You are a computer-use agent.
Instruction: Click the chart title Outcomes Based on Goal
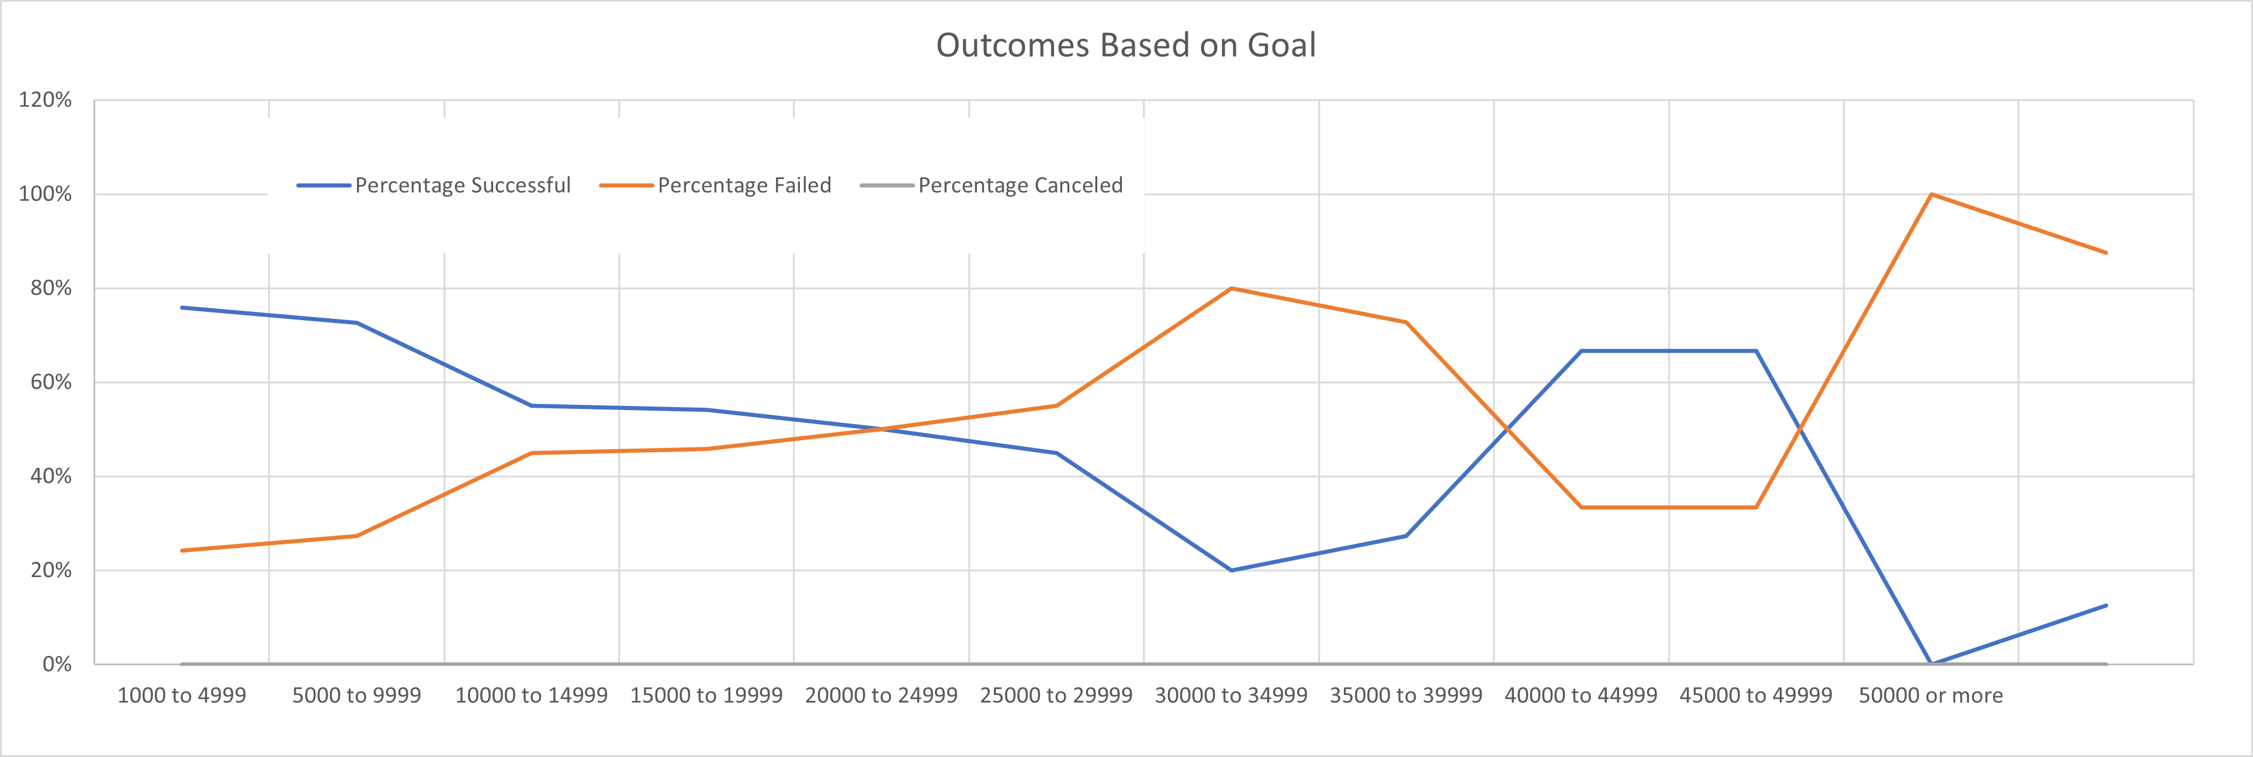pyautogui.click(x=1126, y=46)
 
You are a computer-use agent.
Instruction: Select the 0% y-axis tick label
pyautogui.click(x=57, y=664)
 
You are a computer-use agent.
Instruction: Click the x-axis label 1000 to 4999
pyautogui.click(x=182, y=696)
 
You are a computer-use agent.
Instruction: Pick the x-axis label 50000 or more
pyautogui.click(x=1930, y=696)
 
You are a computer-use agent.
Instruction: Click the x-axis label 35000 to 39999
pyautogui.click(x=1406, y=696)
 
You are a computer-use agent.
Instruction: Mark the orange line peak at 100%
pyautogui.click(x=1930, y=194)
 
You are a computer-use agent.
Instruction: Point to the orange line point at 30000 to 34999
pyautogui.click(x=1232, y=289)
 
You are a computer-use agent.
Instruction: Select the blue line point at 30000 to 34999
pyautogui.click(x=1232, y=570)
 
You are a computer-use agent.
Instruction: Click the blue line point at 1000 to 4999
pyautogui.click(x=182, y=308)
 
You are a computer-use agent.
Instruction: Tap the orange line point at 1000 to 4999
pyautogui.click(x=182, y=551)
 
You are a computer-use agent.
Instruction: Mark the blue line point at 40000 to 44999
pyautogui.click(x=1581, y=352)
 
